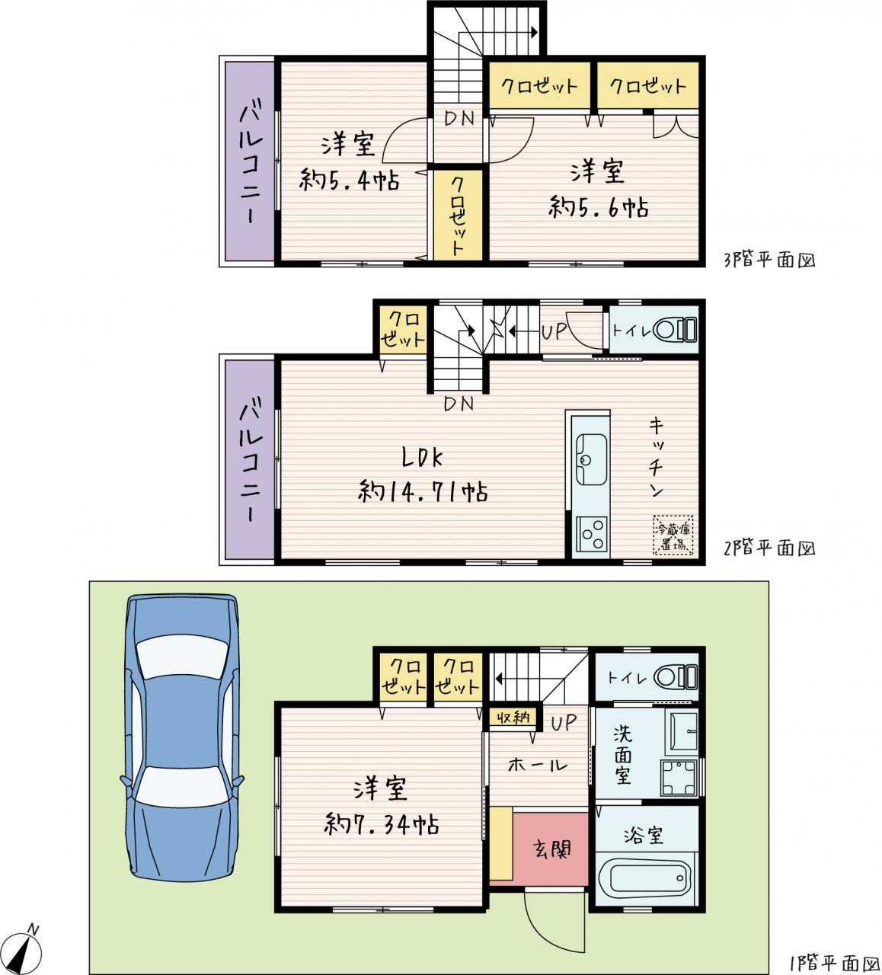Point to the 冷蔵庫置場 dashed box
(673, 535)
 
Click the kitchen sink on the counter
(591, 459)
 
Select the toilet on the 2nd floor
(674, 330)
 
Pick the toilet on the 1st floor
(675, 677)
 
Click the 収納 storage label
(513, 718)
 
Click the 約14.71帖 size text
(423, 492)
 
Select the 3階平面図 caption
(769, 260)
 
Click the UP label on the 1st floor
(564, 723)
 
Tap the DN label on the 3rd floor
(459, 119)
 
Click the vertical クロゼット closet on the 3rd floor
(458, 215)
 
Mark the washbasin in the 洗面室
(683, 731)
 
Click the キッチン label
(657, 458)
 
